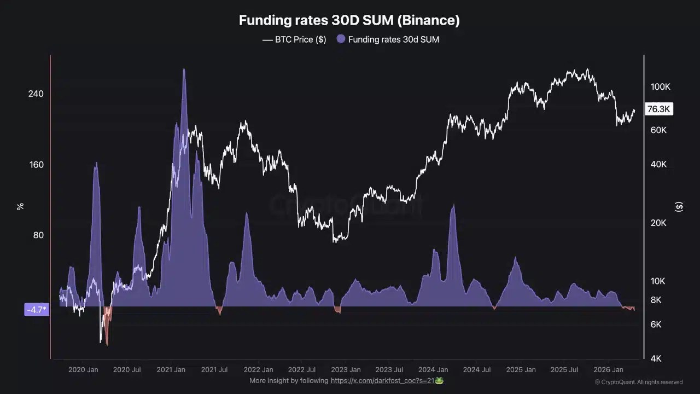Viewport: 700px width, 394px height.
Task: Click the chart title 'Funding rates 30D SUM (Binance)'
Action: pos(349,21)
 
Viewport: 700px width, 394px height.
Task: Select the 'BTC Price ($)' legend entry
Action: pos(294,39)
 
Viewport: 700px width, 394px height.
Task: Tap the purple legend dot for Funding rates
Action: pos(341,39)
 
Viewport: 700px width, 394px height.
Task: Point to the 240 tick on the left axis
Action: pos(36,94)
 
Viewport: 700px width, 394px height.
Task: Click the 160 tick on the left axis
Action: pos(36,165)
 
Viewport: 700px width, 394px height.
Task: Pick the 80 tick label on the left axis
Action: pos(37,235)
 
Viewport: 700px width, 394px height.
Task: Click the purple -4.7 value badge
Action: pos(37,310)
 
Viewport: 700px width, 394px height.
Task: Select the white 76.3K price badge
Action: pos(658,109)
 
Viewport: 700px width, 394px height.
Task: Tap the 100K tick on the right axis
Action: pos(660,87)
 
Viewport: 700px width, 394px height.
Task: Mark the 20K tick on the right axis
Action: pos(658,223)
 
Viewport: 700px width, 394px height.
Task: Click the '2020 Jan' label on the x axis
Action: pos(83,370)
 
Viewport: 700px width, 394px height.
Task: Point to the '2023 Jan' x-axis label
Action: pos(346,370)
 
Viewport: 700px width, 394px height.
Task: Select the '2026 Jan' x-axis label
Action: pos(608,370)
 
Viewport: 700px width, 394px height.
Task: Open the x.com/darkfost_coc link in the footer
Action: pos(382,380)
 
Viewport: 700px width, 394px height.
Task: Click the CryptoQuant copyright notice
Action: pos(639,382)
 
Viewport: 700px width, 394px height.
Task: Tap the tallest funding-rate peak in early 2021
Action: pos(184,70)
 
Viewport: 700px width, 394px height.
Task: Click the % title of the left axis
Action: pos(20,206)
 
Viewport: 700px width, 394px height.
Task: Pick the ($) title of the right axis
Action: pos(679,206)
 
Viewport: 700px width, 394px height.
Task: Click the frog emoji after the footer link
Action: pos(439,380)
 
